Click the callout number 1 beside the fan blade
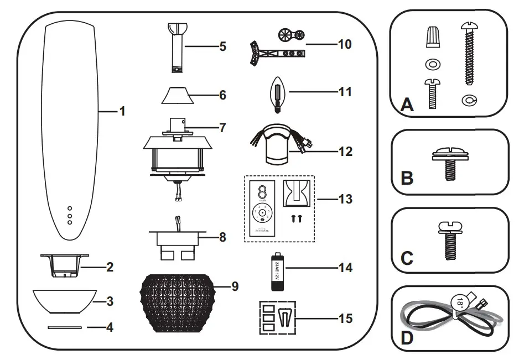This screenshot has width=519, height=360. pyautogui.click(x=122, y=111)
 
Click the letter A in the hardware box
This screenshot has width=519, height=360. pyautogui.click(x=407, y=103)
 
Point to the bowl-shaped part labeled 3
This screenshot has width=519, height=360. pyautogui.click(x=65, y=300)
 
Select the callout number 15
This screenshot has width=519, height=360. pyautogui.click(x=345, y=319)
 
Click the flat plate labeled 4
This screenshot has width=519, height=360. pyautogui.click(x=65, y=327)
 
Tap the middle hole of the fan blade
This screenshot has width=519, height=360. pyautogui.click(x=70, y=215)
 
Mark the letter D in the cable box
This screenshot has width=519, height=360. pyautogui.click(x=407, y=338)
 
